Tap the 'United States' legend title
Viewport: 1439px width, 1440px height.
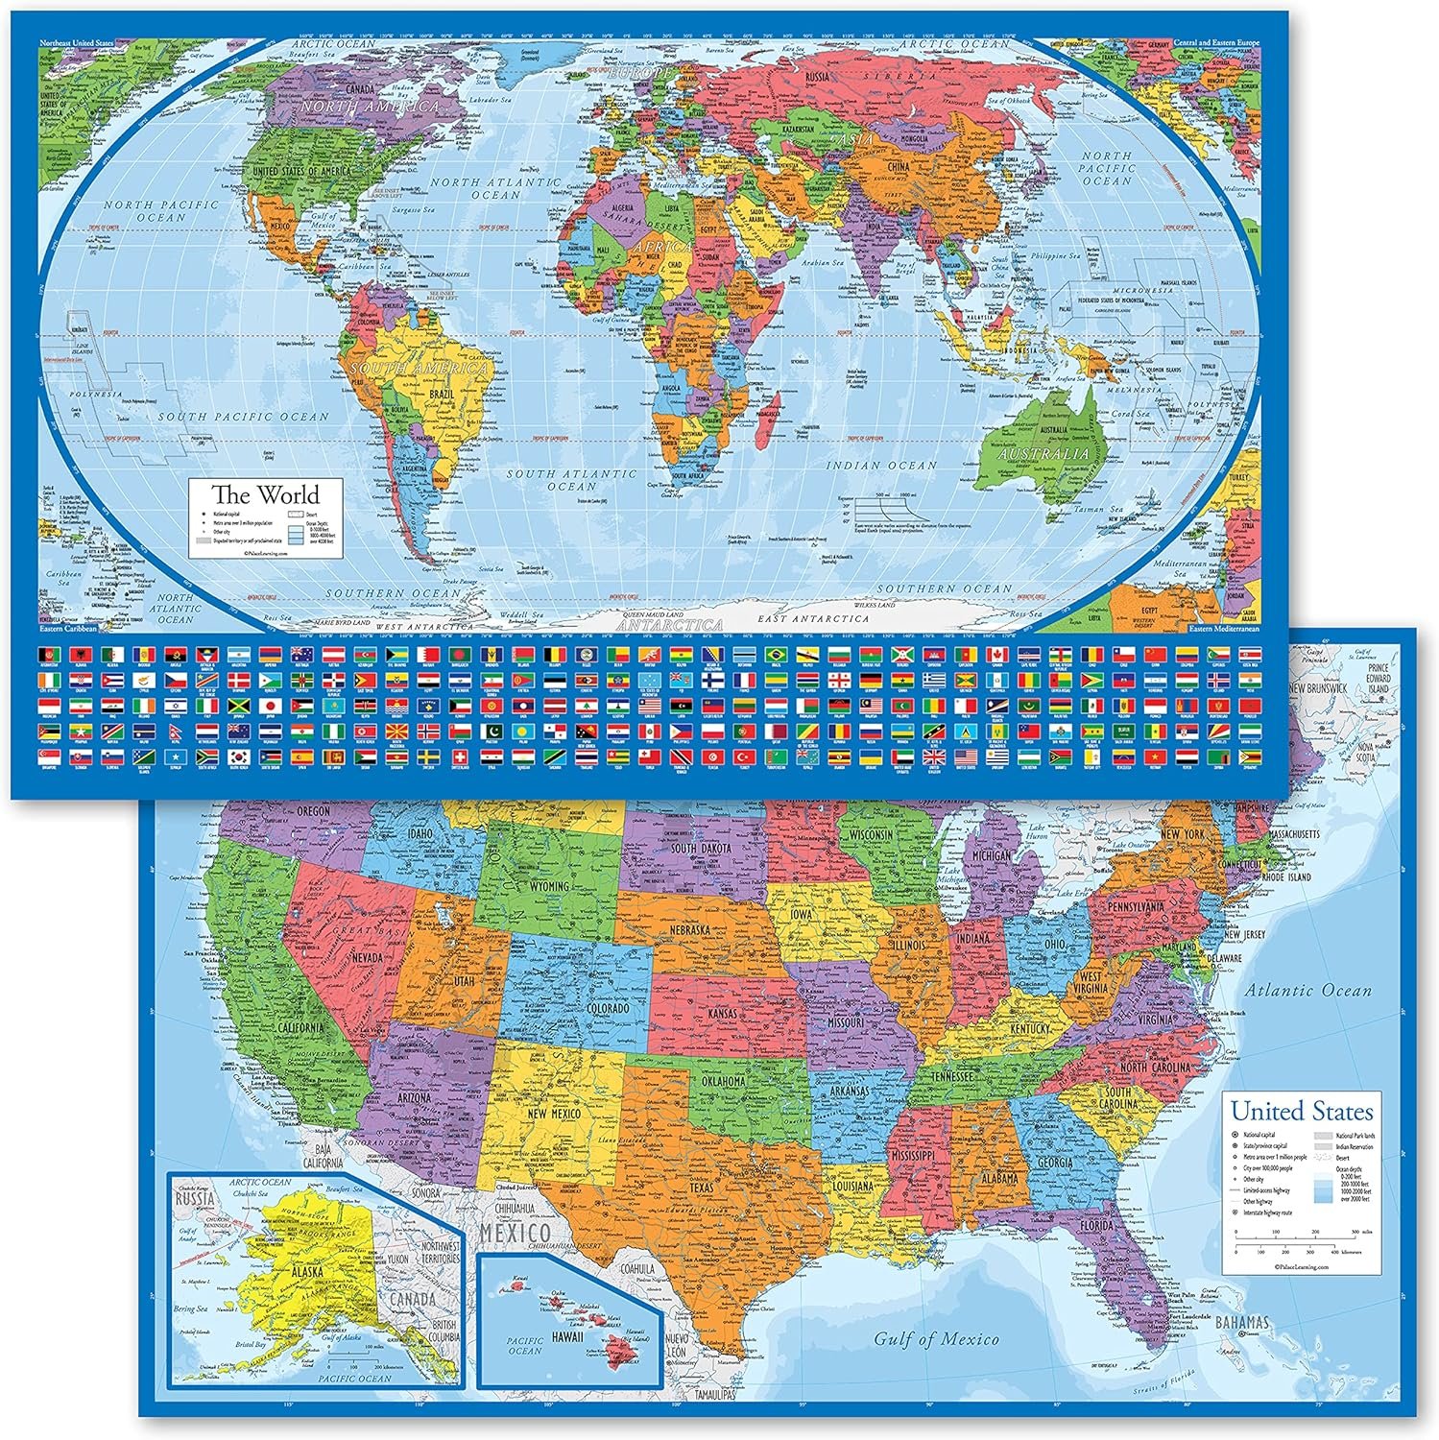(x=1302, y=1112)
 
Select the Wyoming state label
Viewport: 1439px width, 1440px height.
(x=549, y=885)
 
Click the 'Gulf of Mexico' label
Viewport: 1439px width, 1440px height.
(x=936, y=1338)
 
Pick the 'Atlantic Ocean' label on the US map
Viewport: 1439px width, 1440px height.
(x=1308, y=990)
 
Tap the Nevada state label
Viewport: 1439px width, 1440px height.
(x=367, y=957)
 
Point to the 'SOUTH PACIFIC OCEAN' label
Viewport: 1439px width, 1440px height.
(x=243, y=417)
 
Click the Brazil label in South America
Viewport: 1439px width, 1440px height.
(x=444, y=395)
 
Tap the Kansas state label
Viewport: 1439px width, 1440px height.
(x=722, y=1014)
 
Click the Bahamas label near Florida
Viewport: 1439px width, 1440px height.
(x=1241, y=1323)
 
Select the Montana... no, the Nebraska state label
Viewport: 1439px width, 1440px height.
(x=689, y=930)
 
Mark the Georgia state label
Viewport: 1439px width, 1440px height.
(x=1056, y=1164)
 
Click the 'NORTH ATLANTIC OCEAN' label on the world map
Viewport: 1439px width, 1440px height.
(x=495, y=188)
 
